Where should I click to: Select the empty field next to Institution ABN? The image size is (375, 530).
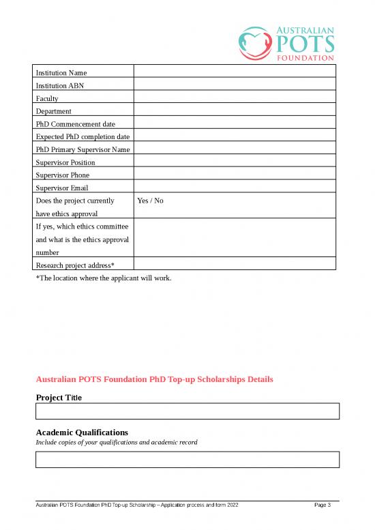tap(235, 85)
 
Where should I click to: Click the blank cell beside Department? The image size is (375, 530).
tap(235, 111)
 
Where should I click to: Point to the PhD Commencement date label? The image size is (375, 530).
tap(75, 124)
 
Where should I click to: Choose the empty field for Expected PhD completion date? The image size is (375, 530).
tap(235, 137)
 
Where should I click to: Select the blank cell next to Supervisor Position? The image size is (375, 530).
tap(235, 162)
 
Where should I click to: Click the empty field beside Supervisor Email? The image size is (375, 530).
tap(235, 188)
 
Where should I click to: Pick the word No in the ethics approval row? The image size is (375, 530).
tap(159, 201)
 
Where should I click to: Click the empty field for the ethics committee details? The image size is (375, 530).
tap(235, 238)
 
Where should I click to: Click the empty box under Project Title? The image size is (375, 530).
tap(187, 411)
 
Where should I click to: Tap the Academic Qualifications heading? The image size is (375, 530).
tap(82, 432)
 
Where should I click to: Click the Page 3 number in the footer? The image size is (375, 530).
tap(322, 505)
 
